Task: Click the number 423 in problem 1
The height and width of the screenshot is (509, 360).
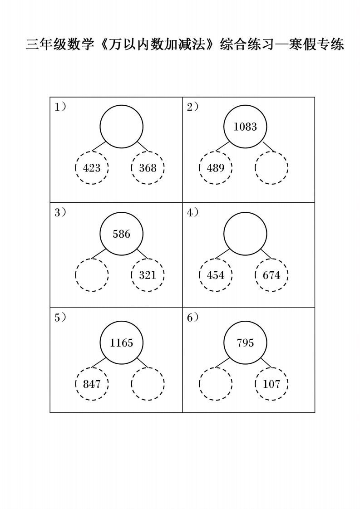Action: [92, 168]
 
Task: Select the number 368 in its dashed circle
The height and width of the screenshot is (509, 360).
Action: [148, 168]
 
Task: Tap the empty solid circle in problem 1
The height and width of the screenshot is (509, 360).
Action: [121, 127]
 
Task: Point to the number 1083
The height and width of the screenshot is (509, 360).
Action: [245, 127]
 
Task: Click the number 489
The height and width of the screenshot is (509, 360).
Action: [216, 168]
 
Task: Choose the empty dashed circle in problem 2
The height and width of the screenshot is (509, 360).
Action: [271, 168]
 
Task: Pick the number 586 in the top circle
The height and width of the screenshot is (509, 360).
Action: [121, 234]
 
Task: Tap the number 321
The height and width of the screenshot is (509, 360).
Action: [148, 275]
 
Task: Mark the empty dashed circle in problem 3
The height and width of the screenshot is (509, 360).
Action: [92, 275]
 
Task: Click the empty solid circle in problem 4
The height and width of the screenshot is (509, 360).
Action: [245, 234]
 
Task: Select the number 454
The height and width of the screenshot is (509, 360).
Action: [216, 275]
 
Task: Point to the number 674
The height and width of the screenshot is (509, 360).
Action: [271, 275]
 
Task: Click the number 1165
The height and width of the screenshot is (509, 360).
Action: [121, 343]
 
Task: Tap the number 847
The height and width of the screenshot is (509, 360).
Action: [92, 384]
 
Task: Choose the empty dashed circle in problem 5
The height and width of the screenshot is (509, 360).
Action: [148, 384]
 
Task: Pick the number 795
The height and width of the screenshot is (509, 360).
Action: [245, 343]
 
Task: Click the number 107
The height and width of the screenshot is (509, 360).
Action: [271, 384]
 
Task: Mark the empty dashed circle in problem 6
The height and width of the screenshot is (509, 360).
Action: [216, 384]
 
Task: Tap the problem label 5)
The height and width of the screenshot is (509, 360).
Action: [60, 318]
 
